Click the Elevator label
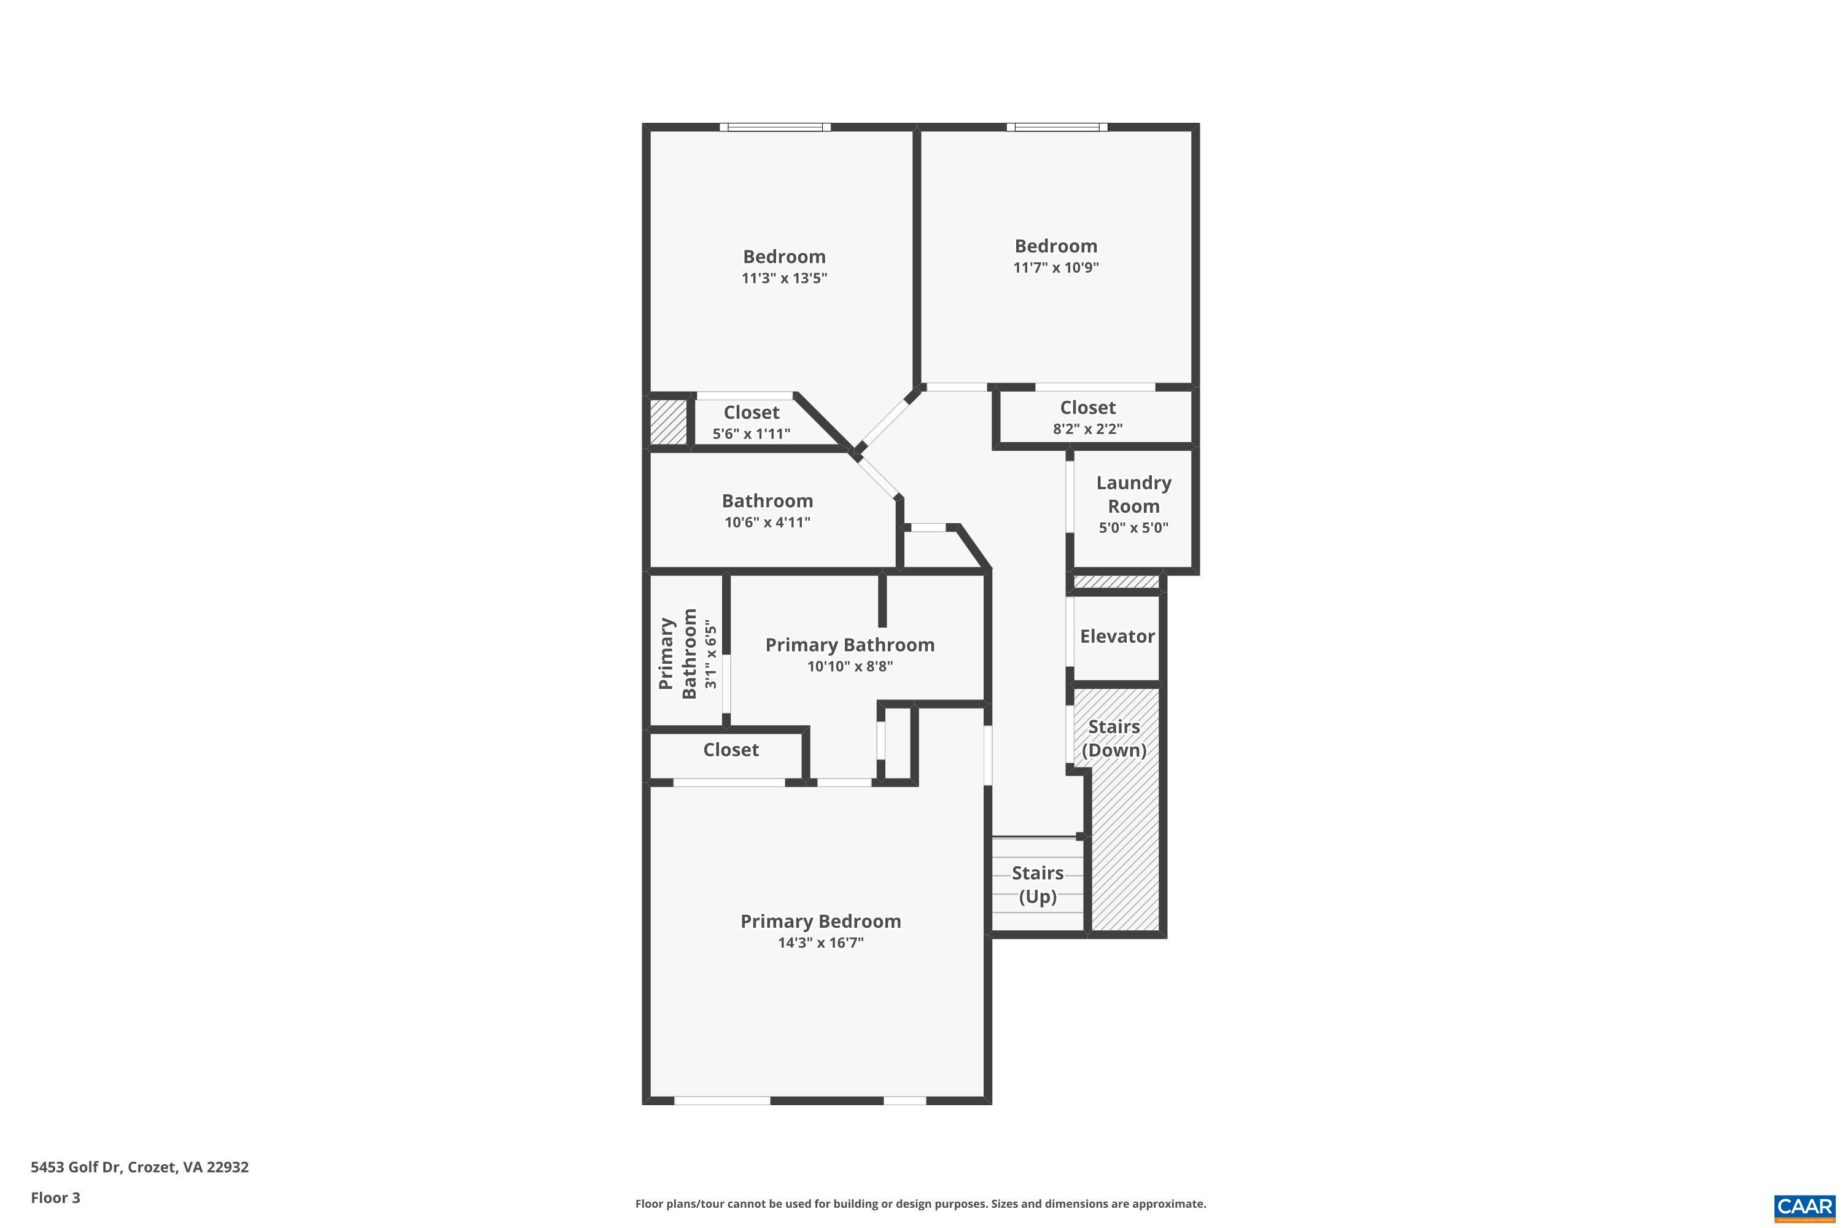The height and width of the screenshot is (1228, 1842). [x=1117, y=636]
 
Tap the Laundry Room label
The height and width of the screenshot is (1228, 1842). [x=1133, y=494]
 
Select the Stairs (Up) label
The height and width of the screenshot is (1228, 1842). [x=1038, y=884]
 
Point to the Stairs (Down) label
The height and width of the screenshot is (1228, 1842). [x=1114, y=738]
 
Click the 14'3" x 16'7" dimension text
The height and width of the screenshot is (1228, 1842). [x=820, y=942]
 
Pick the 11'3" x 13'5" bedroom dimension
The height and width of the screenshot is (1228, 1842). [x=784, y=278]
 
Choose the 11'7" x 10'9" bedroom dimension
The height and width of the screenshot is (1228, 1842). [x=1055, y=267]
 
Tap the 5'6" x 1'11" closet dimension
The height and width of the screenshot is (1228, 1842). [x=751, y=433]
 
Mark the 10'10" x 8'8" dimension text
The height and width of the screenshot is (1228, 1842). [x=850, y=666]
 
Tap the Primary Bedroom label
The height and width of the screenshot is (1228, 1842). [x=820, y=921]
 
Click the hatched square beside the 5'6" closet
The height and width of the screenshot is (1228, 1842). [x=669, y=422]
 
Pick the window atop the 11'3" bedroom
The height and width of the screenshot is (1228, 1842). [x=774, y=127]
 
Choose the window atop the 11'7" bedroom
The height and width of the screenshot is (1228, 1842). [x=1057, y=127]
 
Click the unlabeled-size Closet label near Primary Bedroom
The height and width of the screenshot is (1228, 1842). [x=731, y=750]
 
